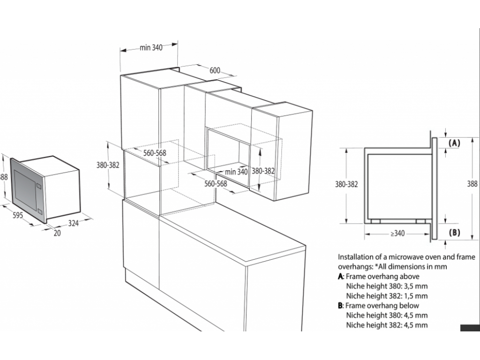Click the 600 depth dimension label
pos(214,70)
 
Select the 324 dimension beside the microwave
pos(73,224)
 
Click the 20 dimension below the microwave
pos(57,233)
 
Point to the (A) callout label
pos(454,143)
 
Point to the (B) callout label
pos(454,232)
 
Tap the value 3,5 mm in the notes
pos(417,286)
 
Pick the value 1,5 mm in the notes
pos(417,296)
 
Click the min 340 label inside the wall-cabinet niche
pos(236,172)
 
